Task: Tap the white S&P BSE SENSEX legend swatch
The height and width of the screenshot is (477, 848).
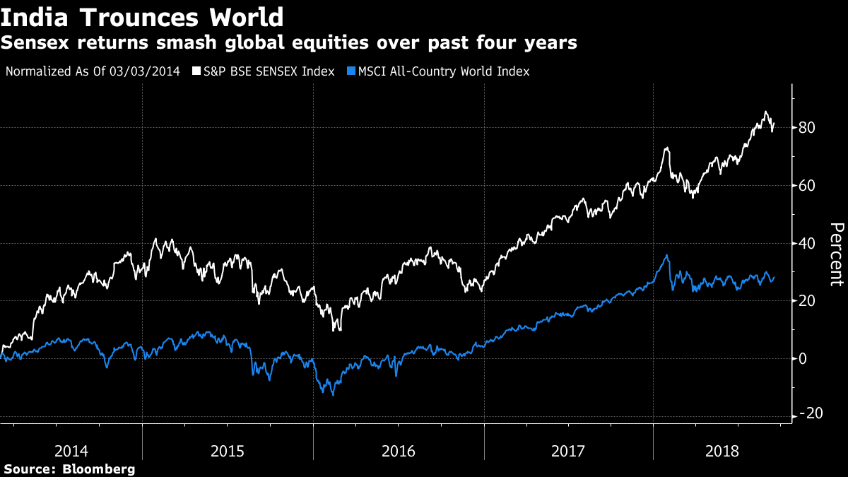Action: pos(196,71)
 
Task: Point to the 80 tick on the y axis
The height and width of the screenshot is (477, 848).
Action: pos(808,128)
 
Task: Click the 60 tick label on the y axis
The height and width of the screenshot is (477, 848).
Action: pos(808,186)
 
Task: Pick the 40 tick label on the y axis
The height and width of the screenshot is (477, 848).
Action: pos(808,244)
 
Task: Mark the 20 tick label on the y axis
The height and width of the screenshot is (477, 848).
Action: pos(808,301)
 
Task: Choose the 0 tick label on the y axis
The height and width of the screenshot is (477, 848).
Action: pos(803,359)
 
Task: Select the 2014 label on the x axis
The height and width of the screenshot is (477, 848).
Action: pos(71,451)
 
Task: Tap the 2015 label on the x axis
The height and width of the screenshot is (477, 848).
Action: pos(228,451)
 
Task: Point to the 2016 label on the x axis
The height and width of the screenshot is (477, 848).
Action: pos(399,451)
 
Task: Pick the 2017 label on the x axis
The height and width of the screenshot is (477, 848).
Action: pos(569,451)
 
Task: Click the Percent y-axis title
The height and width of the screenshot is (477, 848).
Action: pos(836,254)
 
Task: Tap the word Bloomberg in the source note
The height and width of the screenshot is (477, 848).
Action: pos(98,469)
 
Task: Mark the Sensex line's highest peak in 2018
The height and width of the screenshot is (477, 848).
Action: pos(765,112)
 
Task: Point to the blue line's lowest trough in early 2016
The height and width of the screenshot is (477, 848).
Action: pos(333,394)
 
